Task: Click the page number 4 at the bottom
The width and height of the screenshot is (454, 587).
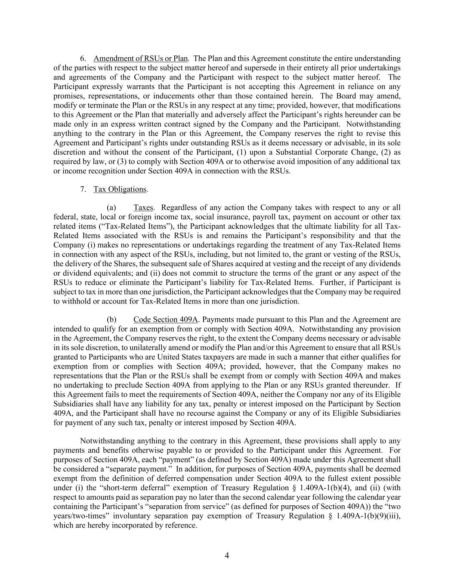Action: [227, 556]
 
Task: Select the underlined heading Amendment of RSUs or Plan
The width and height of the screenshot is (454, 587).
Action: [140, 58]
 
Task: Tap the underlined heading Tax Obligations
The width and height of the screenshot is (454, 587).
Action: [120, 189]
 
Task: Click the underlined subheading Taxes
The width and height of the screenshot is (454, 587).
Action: [143, 208]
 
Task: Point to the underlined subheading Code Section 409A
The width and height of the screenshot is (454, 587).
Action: [165, 320]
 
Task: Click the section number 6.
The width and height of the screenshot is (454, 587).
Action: [83, 58]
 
